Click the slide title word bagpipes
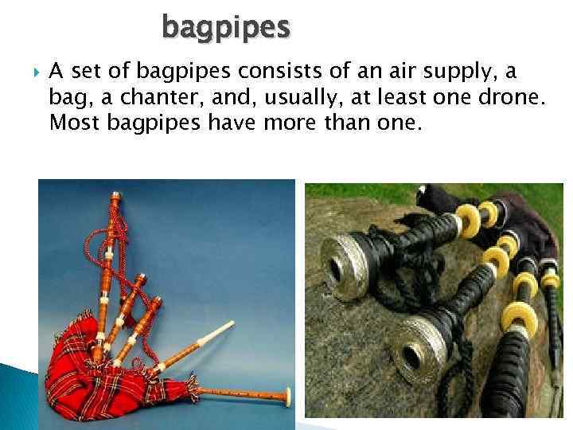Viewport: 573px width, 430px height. [227, 28]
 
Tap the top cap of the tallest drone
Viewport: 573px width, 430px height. [115, 195]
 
